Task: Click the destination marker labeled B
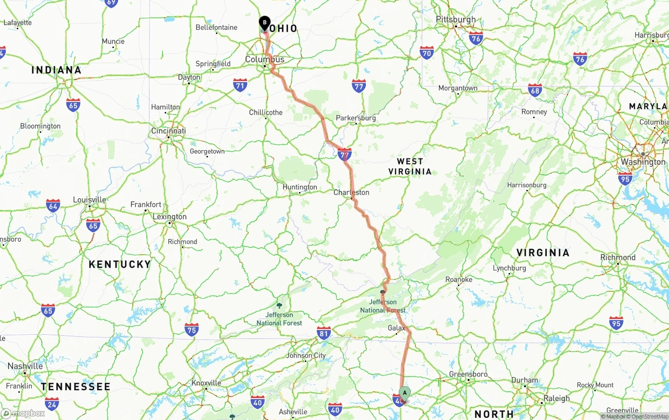[x=264, y=23]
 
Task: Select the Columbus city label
[x=265, y=60]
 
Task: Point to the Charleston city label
[x=351, y=192]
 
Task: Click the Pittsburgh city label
[x=456, y=20]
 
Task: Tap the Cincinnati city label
[x=168, y=131]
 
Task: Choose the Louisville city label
[x=89, y=200]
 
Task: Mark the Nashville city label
[x=25, y=366]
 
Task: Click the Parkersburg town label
[x=355, y=118]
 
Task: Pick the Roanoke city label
[x=458, y=280]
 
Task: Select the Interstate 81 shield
[x=324, y=333]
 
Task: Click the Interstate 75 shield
[x=191, y=329]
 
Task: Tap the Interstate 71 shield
[x=240, y=85]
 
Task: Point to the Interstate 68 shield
[x=535, y=90]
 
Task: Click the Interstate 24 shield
[x=52, y=403]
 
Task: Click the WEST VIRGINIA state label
[x=410, y=166]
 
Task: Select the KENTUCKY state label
[x=120, y=265]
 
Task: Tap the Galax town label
[x=396, y=328]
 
